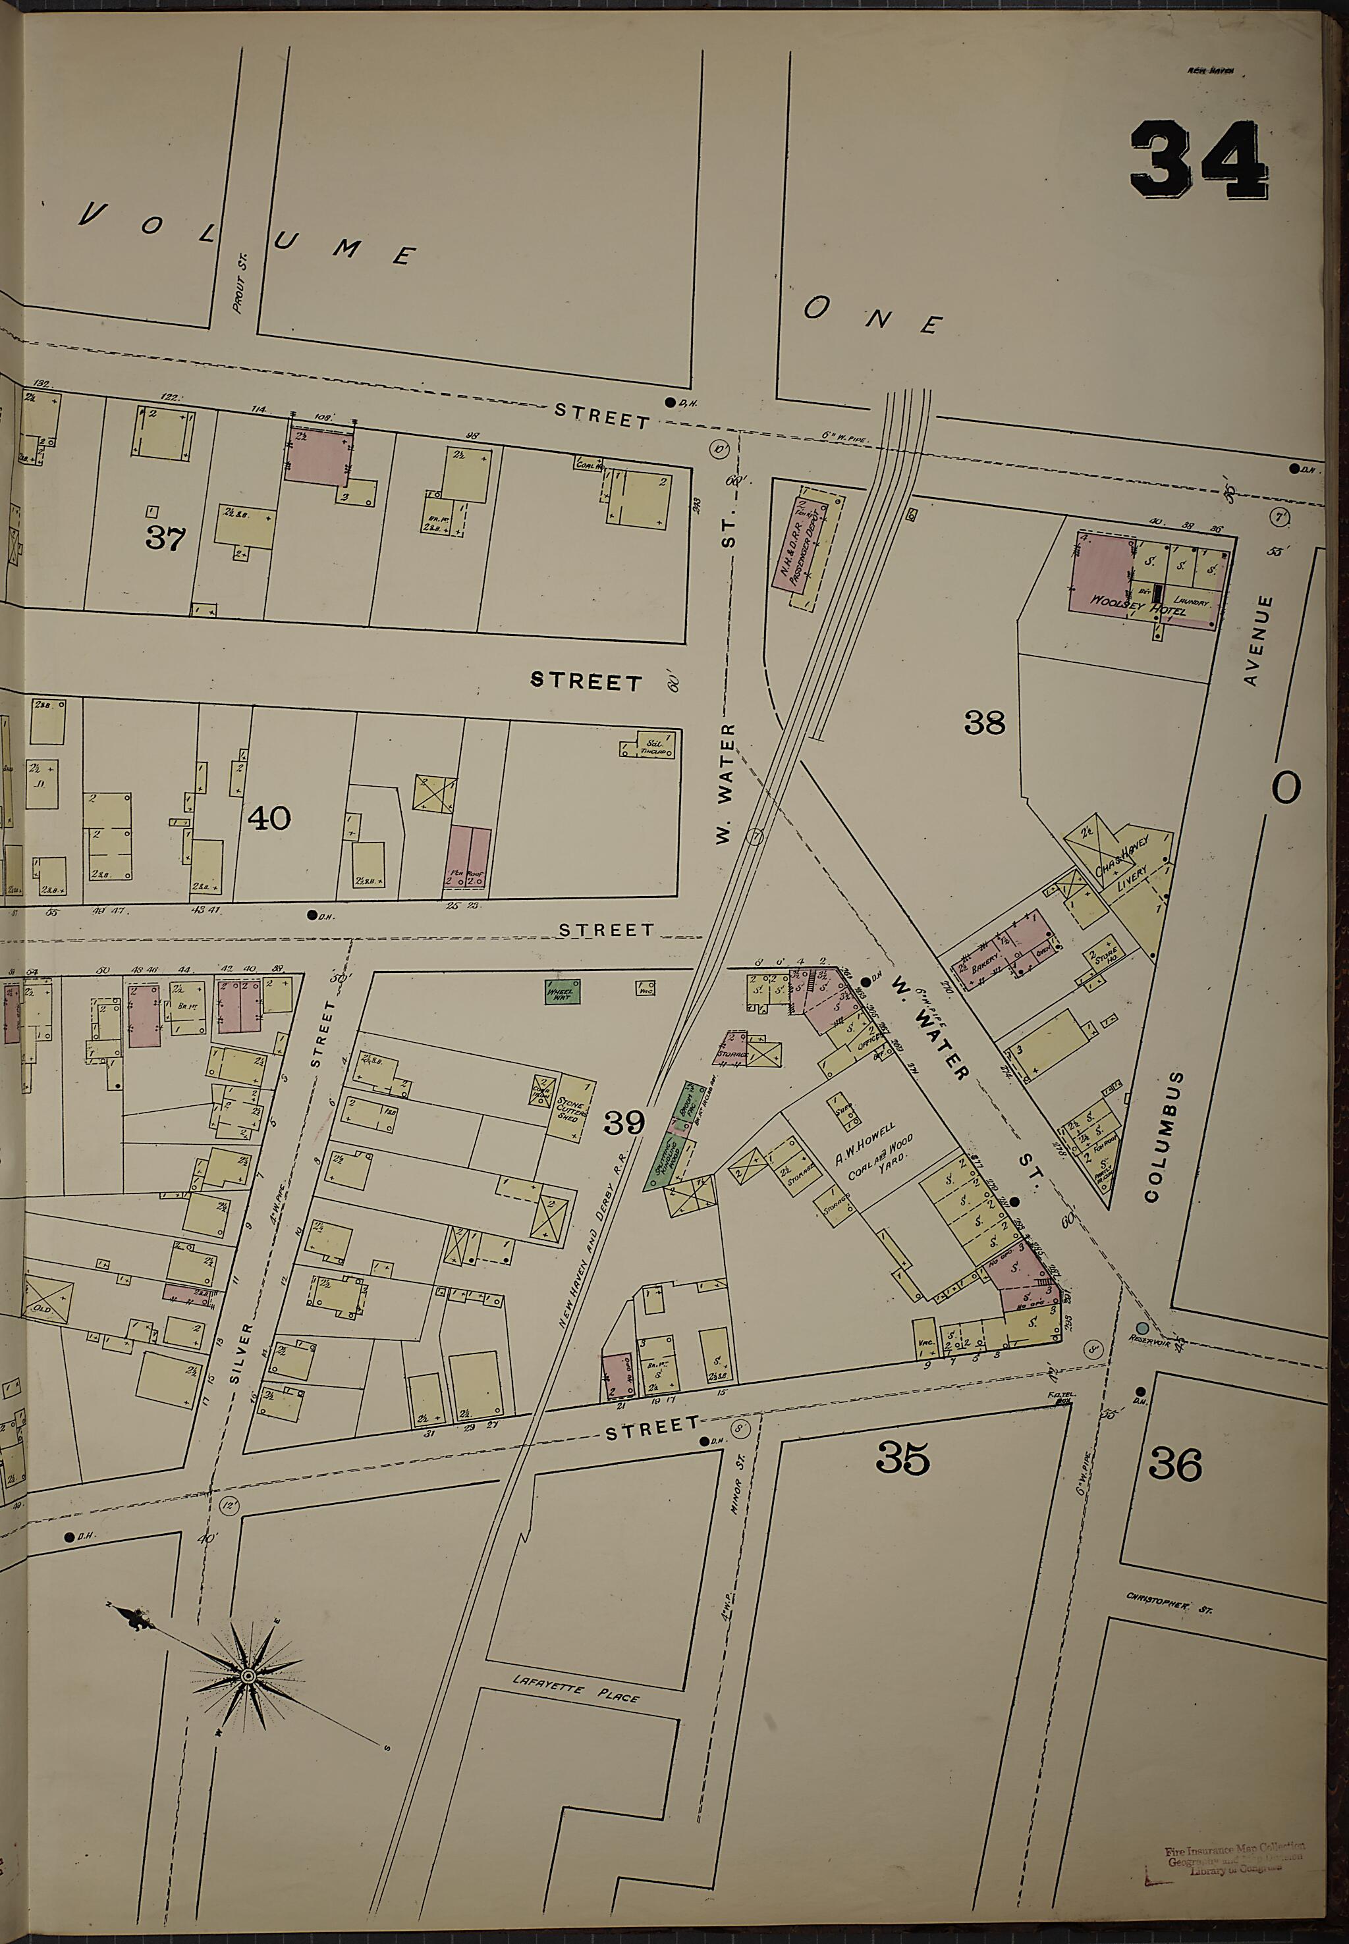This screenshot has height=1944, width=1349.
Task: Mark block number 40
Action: pos(269,817)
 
